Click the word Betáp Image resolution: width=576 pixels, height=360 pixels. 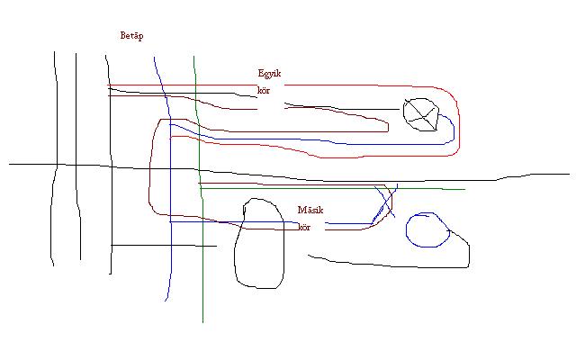[131, 36]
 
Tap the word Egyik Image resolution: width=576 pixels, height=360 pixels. [270, 74]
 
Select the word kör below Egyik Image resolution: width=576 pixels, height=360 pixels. [264, 91]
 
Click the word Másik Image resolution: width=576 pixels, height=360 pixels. [310, 211]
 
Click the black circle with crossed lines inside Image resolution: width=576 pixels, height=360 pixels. [421, 112]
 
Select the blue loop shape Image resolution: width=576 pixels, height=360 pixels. [427, 230]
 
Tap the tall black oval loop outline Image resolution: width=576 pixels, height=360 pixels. [259, 244]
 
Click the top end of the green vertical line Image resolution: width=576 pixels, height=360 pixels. [194, 57]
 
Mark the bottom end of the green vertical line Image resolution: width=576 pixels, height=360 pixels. [203, 321]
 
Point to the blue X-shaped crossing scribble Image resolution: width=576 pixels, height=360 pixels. [384, 205]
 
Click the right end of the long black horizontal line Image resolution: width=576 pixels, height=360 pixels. [569, 175]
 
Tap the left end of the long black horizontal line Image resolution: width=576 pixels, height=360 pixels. [10, 164]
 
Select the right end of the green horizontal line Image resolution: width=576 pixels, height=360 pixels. [464, 190]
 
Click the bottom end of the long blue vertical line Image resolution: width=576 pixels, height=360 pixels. [166, 301]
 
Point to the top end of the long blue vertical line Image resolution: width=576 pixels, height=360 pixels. [154, 58]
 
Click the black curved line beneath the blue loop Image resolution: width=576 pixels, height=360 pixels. [387, 265]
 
